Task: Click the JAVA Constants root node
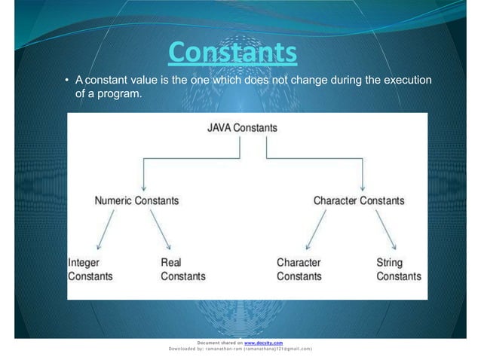tap(242, 128)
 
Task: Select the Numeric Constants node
tap(136, 201)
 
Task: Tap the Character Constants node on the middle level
tap(359, 201)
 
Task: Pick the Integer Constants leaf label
tap(90, 270)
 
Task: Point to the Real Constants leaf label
tap(182, 270)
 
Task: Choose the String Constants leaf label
tap(398, 270)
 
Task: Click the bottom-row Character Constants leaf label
tap(299, 270)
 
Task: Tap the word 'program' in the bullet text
tap(120, 96)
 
